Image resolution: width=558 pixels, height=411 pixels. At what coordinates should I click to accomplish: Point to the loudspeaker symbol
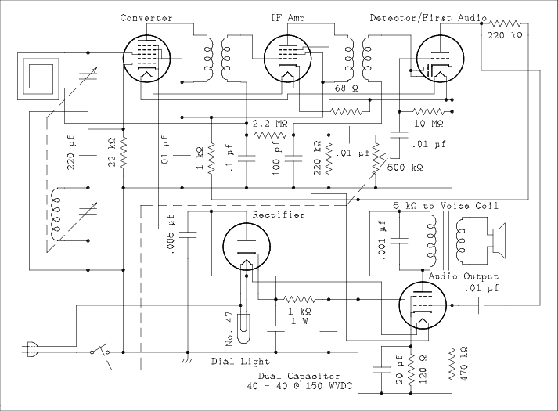(x=498, y=235)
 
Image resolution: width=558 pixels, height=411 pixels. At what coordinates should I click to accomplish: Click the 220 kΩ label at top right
(x=506, y=36)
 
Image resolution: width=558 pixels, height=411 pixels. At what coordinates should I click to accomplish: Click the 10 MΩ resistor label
(x=430, y=124)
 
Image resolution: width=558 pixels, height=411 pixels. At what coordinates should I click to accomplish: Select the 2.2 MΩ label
(x=269, y=124)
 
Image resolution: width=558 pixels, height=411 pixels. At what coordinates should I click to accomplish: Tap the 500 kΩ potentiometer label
(x=406, y=168)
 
